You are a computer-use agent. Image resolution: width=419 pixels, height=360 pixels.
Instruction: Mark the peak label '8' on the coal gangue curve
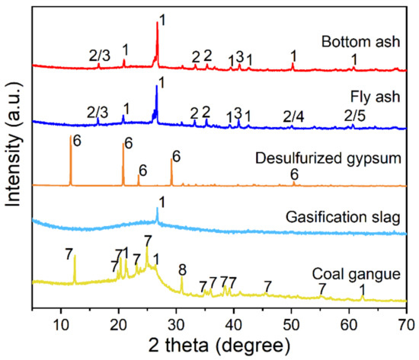181,269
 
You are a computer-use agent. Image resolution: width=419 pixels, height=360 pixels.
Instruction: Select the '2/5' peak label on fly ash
354,116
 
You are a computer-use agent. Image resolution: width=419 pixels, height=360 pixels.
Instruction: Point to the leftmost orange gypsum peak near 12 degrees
70,137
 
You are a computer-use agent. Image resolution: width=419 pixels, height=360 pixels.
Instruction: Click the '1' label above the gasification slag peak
161,200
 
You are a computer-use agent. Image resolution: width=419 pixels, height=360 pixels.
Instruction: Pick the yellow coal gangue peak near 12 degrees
75,257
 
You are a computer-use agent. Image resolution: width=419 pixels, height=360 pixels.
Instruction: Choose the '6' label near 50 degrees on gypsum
294,174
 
